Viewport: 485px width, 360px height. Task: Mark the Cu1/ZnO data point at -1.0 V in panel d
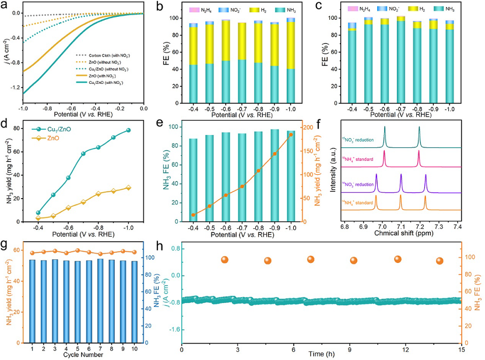pos(128,130)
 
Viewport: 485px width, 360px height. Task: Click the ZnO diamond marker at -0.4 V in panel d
pos(38,218)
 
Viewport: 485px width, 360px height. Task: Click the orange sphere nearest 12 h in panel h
pos(398,259)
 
